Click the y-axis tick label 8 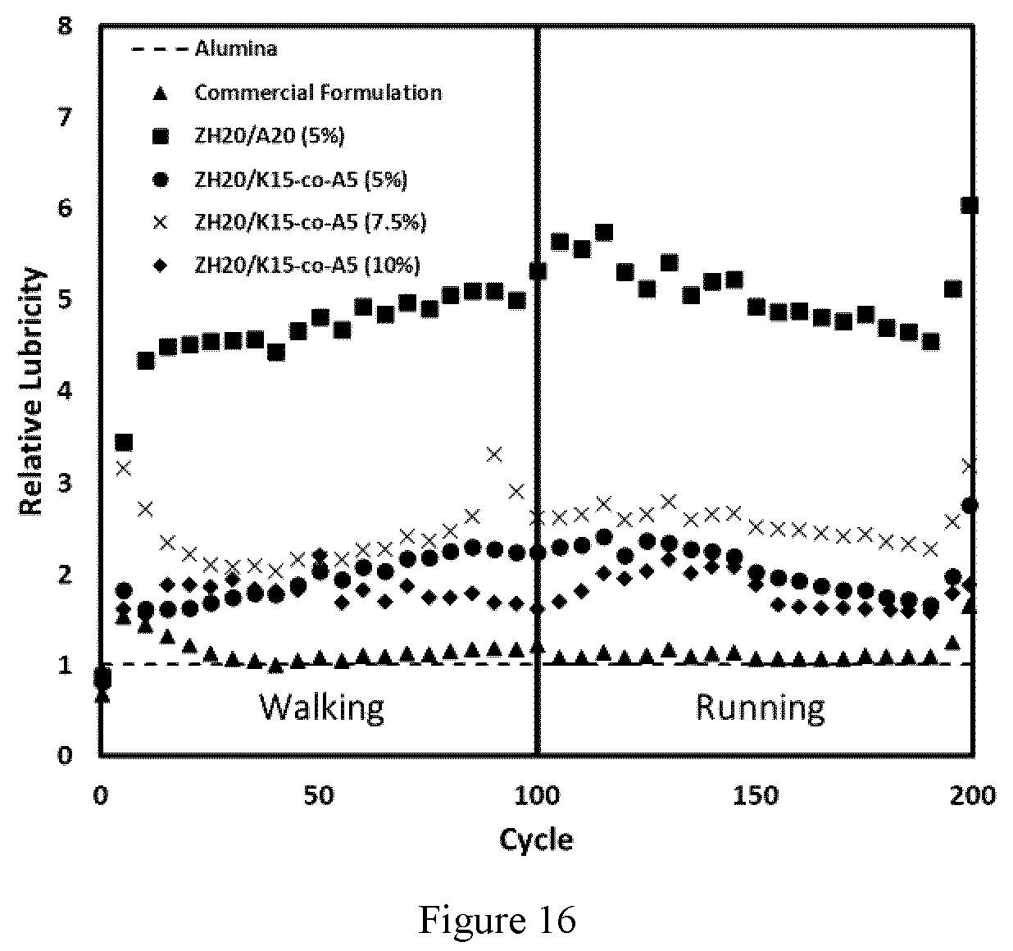pos(66,26)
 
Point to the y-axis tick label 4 pos(65,391)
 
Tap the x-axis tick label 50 pos(319,795)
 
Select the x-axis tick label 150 pos(756,795)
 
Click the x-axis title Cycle pos(536,840)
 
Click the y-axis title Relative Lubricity pos(32,390)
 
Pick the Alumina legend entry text pos(236,49)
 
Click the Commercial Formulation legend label pos(318,93)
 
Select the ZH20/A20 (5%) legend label pos(270,136)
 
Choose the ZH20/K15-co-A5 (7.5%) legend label pos(311,222)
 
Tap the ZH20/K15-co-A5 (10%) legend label pos(307,266)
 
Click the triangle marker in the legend pos(161,93)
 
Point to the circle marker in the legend pos(161,180)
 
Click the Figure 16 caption pos(497,920)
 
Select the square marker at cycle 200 pos(969,205)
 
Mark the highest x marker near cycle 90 pos(494,454)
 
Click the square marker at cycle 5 pos(124,442)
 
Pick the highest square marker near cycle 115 pos(604,233)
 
